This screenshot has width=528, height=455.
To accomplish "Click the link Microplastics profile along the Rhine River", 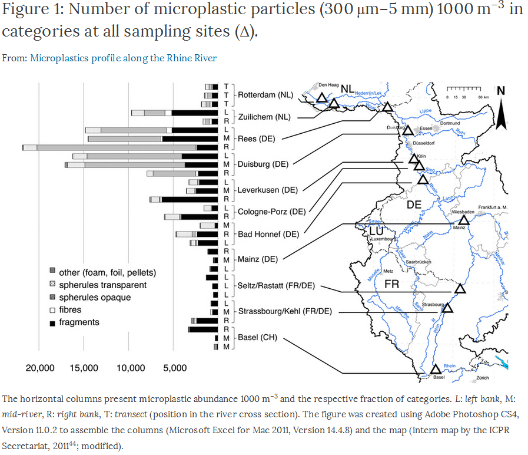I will click(123, 58).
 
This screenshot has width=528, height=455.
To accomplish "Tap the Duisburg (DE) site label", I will click(264, 164).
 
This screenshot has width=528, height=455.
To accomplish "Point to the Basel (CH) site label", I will click(257, 338).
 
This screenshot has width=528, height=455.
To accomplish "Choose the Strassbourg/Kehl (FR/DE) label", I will click(285, 311).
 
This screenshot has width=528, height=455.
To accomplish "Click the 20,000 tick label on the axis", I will click(39, 368).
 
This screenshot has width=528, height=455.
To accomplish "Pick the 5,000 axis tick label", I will click(174, 368).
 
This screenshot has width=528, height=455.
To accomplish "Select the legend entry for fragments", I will click(79, 322).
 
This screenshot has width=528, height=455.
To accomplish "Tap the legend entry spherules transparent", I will click(102, 285).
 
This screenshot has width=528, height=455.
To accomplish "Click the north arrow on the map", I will click(501, 109).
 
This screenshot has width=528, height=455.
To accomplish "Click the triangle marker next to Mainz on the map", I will click(463, 220).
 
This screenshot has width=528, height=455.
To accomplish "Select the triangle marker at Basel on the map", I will click(436, 370).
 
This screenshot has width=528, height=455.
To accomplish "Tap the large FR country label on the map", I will click(391, 284).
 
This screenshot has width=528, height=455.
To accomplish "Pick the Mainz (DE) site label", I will click(257, 259).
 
